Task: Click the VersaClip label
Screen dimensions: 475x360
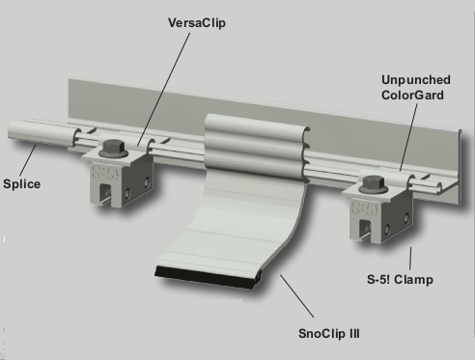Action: click(197, 23)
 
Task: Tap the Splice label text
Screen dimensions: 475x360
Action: click(22, 184)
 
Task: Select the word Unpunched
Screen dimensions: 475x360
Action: click(416, 80)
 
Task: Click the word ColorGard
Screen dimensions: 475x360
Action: click(412, 96)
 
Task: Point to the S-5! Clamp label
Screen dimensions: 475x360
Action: click(400, 279)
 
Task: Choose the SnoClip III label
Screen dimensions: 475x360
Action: click(329, 333)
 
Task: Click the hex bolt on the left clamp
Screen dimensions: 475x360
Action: click(113, 149)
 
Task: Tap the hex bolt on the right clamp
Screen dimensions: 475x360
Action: click(374, 184)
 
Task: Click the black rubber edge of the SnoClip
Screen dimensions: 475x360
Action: click(208, 277)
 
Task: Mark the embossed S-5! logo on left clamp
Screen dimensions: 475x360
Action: click(105, 172)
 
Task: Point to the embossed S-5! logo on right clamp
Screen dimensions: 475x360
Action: click(365, 208)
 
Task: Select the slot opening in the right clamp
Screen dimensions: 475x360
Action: click(365, 230)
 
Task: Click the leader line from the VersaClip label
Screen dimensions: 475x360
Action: click(164, 90)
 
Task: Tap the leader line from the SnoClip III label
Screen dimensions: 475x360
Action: click(296, 296)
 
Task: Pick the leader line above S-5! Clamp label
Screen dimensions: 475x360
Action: click(410, 259)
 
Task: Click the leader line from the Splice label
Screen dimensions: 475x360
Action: click(28, 160)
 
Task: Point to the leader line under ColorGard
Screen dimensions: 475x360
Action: click(408, 137)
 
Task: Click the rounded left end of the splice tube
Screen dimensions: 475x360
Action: click(12, 129)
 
